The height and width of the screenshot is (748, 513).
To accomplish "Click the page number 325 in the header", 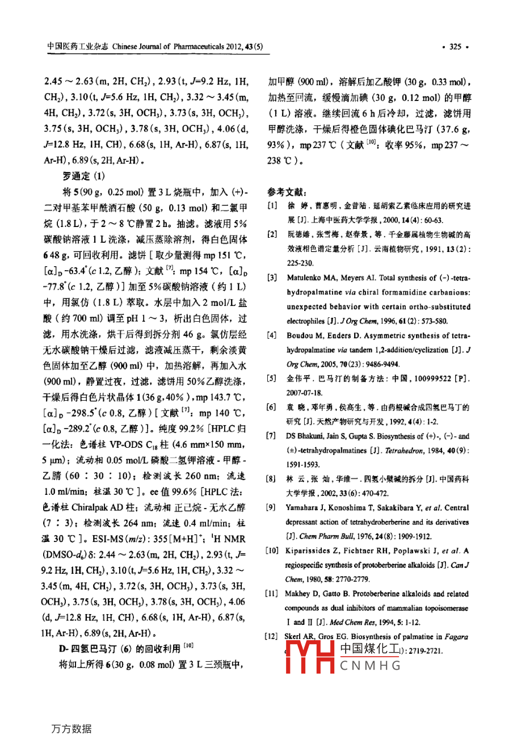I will [455, 47].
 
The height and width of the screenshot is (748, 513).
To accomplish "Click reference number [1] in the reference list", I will [272, 206].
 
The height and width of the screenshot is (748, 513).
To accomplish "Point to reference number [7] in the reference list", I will [272, 436].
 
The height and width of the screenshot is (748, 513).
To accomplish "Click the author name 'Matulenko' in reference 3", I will [306, 278].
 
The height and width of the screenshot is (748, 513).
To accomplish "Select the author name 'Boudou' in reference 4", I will [300, 336].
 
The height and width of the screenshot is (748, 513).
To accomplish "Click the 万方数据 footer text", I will [71, 729].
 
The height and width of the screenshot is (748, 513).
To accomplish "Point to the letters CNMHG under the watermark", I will [371, 666].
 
